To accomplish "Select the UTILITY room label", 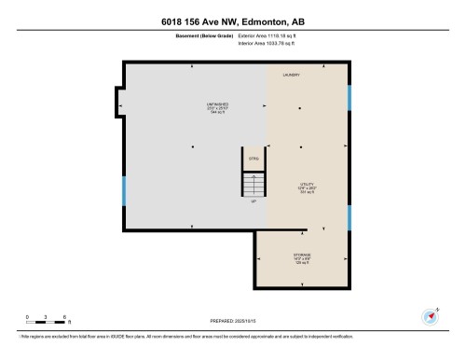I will [x=306, y=184].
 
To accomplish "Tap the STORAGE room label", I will [x=302, y=254].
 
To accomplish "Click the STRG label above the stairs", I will [x=253, y=159].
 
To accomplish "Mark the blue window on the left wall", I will [x=123, y=191].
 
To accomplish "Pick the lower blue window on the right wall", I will [x=349, y=218].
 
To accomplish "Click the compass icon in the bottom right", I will [x=432, y=315].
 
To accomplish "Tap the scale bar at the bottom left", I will [x=45, y=322].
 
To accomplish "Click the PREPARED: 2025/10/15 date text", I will [x=233, y=322].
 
